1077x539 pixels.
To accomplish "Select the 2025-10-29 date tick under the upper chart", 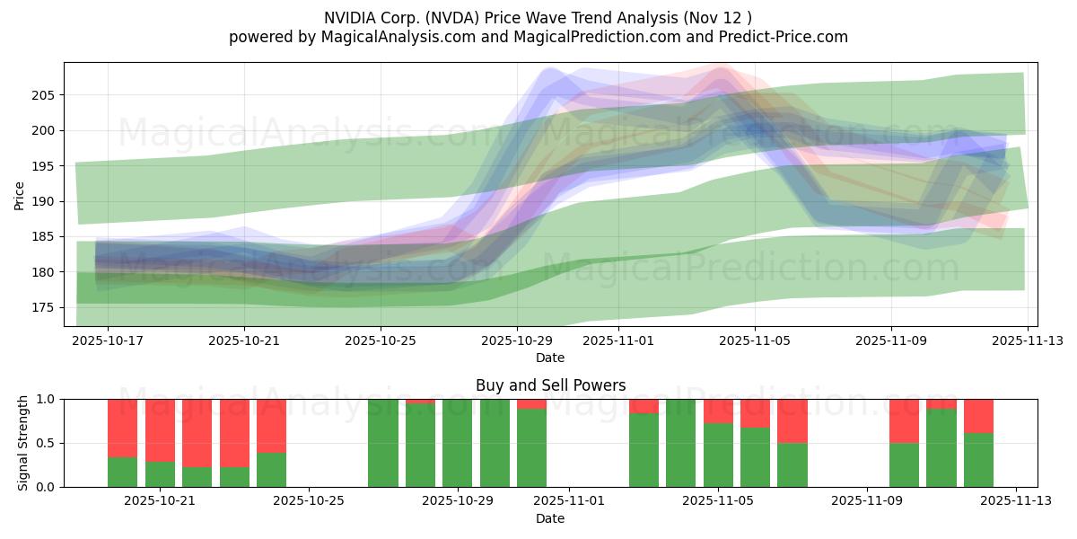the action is point(516,340).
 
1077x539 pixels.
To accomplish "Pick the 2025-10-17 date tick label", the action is point(108,340).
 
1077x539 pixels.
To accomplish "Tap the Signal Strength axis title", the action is point(23,443).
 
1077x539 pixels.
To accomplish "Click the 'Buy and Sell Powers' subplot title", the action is point(550,385).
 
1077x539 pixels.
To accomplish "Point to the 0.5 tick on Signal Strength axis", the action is point(45,443).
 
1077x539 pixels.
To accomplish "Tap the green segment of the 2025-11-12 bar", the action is point(978,460).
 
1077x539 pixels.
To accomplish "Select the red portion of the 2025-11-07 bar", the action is point(792,420).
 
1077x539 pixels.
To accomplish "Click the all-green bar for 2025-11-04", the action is point(680,443).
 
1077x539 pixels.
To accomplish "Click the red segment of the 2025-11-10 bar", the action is point(904,420).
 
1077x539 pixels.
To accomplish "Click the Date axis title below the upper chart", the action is point(550,358).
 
